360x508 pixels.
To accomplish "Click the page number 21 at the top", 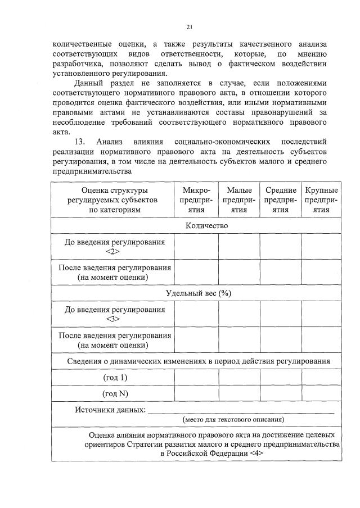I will (x=190, y=26).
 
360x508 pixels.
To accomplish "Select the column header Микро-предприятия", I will (x=196, y=199).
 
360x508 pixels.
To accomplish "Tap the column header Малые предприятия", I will (x=239, y=199).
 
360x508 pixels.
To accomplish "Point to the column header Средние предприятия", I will (x=281, y=199).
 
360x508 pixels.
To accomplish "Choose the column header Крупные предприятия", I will (x=321, y=199).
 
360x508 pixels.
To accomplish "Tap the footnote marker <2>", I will (x=115, y=251).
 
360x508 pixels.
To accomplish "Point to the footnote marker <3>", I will (x=115, y=319).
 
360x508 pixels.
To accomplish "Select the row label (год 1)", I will (x=115, y=377).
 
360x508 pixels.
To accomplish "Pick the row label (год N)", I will (x=115, y=393).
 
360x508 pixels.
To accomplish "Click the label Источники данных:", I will (x=110, y=409).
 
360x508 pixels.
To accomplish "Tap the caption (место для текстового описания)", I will (x=233, y=419).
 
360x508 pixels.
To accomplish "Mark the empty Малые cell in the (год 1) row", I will (x=239, y=377).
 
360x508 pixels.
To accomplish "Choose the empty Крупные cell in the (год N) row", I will (x=321, y=393).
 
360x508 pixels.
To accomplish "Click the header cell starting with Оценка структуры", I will (x=115, y=199).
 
